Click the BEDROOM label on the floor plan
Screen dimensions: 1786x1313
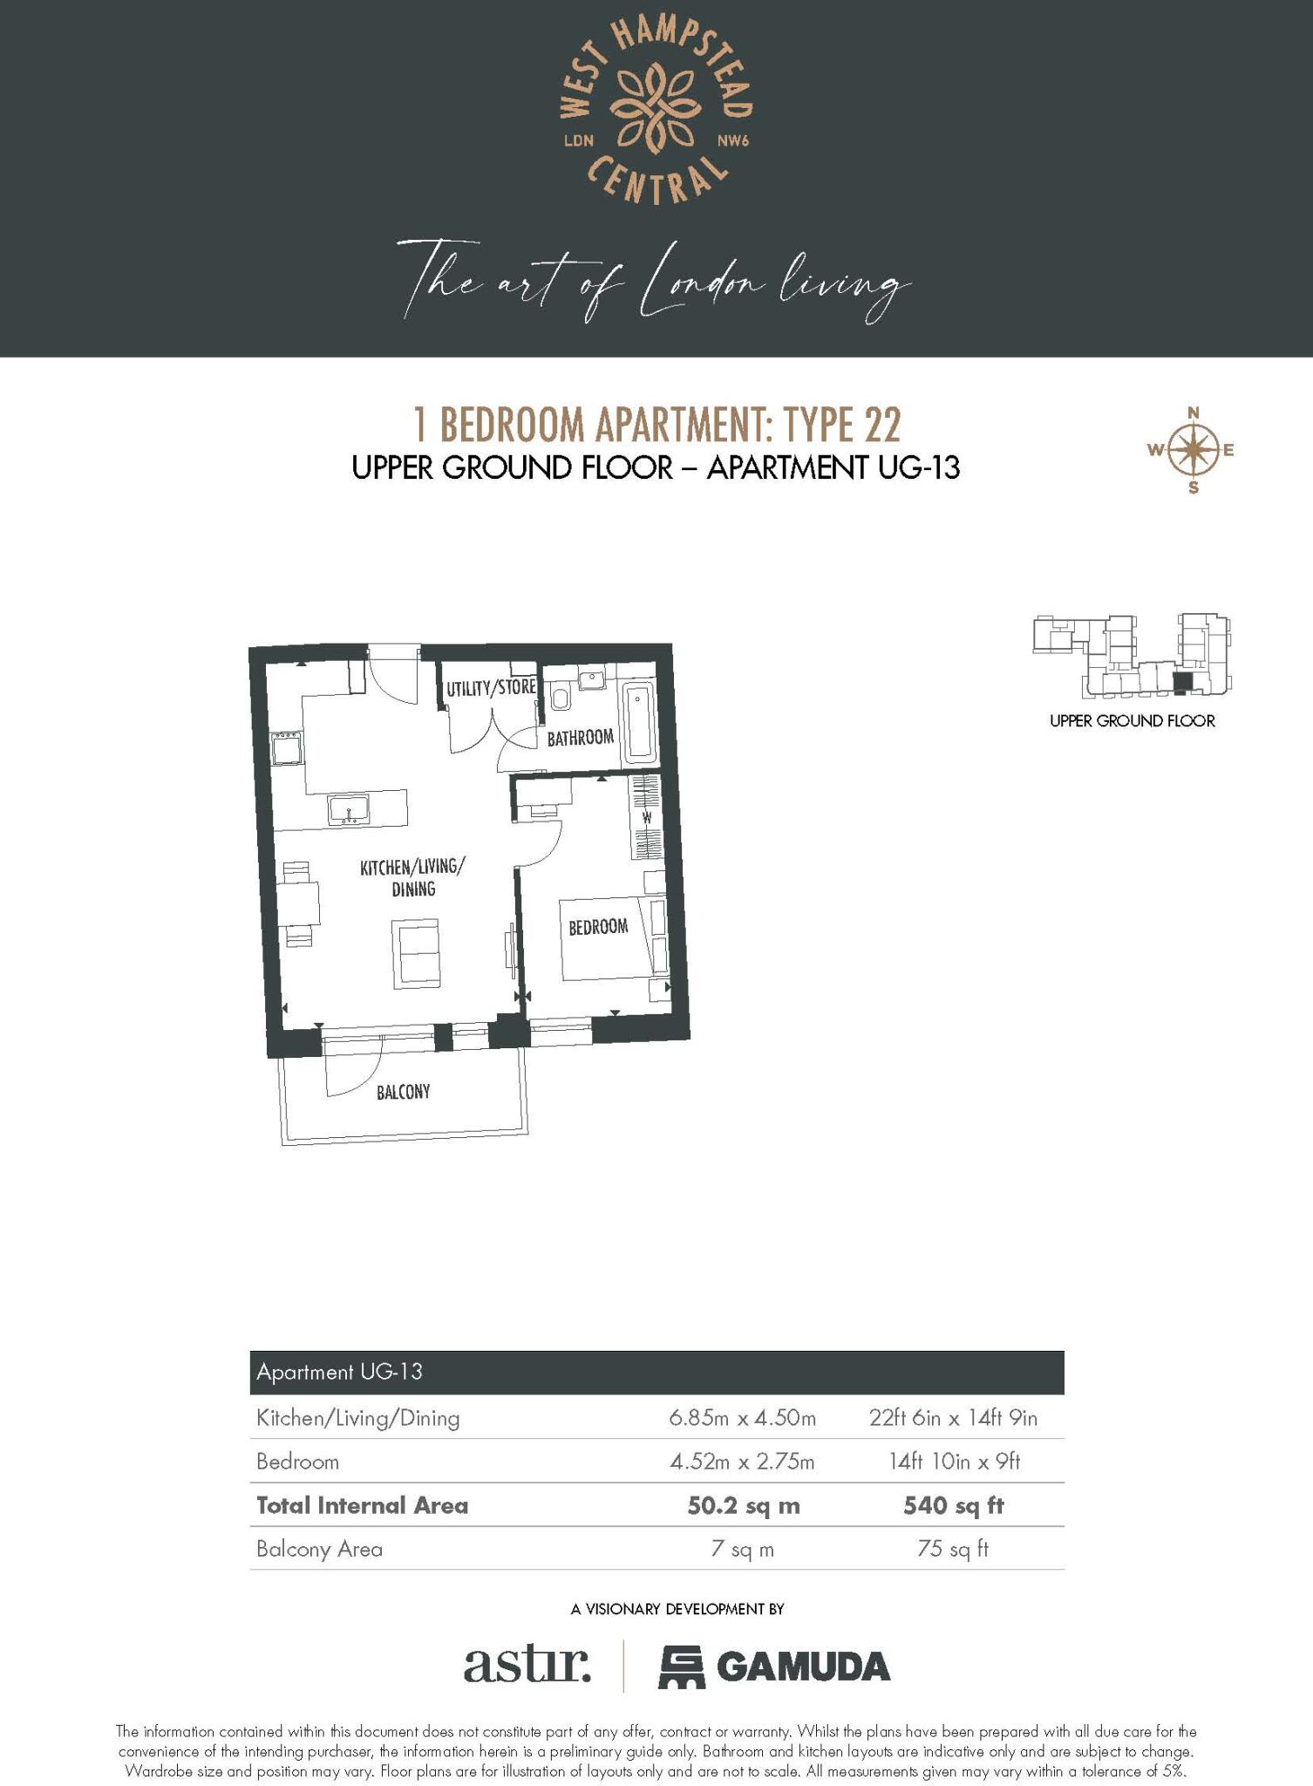coord(598,926)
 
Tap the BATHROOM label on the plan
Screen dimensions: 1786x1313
coord(580,738)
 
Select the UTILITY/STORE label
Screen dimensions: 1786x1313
coord(491,688)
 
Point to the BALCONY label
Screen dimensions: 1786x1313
coord(403,1092)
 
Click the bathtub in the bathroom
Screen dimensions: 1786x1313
coord(638,720)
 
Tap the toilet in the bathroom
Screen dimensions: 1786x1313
coord(561,698)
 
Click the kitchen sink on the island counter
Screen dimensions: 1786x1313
coord(349,810)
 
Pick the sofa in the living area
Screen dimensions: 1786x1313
coord(417,953)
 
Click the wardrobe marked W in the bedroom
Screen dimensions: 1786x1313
coord(646,818)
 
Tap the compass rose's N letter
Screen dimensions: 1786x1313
coord(1194,412)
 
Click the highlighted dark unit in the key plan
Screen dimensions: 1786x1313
coord(1181,684)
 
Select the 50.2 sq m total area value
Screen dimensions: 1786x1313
coord(743,1506)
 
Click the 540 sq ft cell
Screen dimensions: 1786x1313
coord(953,1506)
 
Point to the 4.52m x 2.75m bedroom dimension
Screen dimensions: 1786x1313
coord(742,1462)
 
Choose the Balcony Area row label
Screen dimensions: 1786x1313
coord(319,1550)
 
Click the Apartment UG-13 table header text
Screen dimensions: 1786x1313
coord(339,1372)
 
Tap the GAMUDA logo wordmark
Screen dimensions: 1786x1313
coord(802,1667)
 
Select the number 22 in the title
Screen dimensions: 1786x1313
coord(882,426)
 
